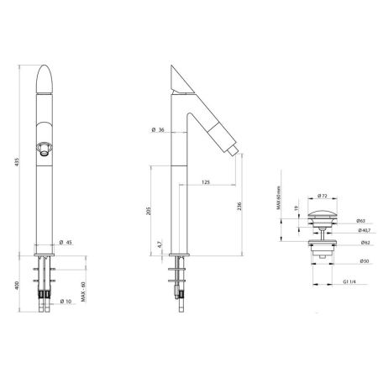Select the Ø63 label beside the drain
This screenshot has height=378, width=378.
tap(361, 221)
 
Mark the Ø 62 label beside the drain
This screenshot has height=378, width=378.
tap(361, 243)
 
